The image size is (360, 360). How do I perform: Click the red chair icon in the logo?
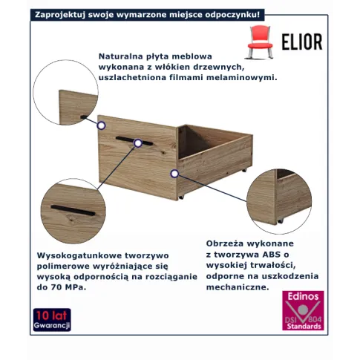(x=260, y=42)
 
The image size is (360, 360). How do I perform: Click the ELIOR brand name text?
(x=302, y=42)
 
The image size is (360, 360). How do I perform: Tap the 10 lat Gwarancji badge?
(x=52, y=320)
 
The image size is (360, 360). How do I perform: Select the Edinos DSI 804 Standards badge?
(x=303, y=310)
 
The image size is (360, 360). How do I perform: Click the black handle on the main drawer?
(x=134, y=141)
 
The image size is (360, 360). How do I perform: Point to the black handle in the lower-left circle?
(x=73, y=210)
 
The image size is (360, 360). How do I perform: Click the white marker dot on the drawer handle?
(x=138, y=143)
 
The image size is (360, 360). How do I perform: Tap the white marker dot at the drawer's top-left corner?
(x=101, y=125)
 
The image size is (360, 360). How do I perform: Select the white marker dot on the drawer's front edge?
(x=174, y=174)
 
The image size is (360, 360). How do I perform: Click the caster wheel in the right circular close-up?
(x=280, y=220)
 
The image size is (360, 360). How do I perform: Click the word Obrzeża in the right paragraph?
(x=225, y=243)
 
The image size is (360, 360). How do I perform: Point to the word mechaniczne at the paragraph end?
(x=238, y=287)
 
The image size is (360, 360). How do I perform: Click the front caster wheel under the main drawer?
(x=181, y=197)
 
